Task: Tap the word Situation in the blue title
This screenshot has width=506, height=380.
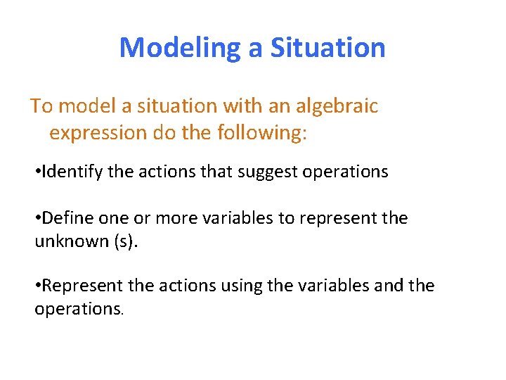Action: pos(327,48)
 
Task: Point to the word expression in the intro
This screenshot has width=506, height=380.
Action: pos(97,133)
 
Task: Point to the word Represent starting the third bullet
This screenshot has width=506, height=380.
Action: pos(80,286)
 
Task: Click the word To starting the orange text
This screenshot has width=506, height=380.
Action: pos(41,106)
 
